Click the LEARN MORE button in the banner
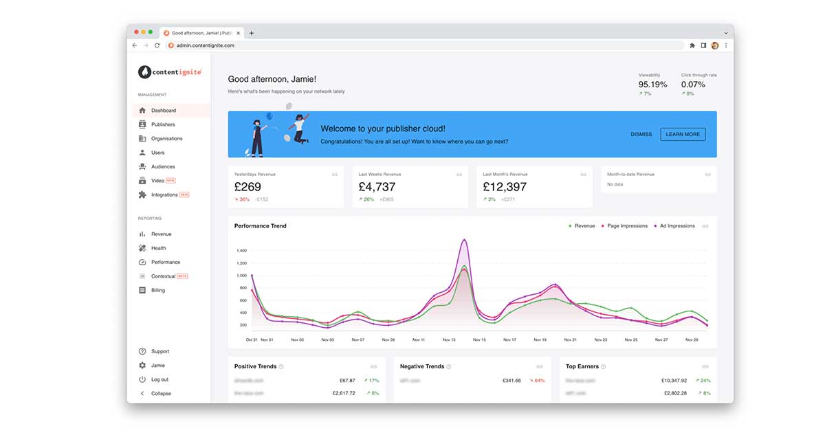tap(683, 134)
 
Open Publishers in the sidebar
tap(163, 124)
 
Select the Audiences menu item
tap(163, 166)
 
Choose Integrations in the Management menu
tap(164, 195)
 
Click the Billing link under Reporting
tap(158, 290)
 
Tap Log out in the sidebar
tap(159, 379)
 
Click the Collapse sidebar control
tap(161, 393)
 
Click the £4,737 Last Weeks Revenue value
tap(377, 187)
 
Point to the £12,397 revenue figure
tap(505, 187)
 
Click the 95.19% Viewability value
tap(652, 85)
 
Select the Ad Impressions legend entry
tap(676, 226)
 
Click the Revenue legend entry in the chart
tap(584, 226)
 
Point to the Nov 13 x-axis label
tap(449, 340)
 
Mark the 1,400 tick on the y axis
tap(241, 251)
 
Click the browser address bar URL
tap(205, 45)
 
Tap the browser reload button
tap(157, 45)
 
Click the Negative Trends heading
tap(421, 366)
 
